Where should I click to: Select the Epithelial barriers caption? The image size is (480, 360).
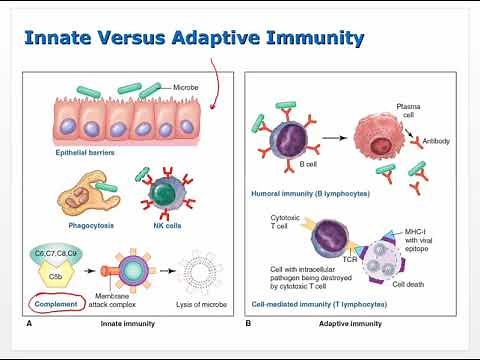coord(88,152)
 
